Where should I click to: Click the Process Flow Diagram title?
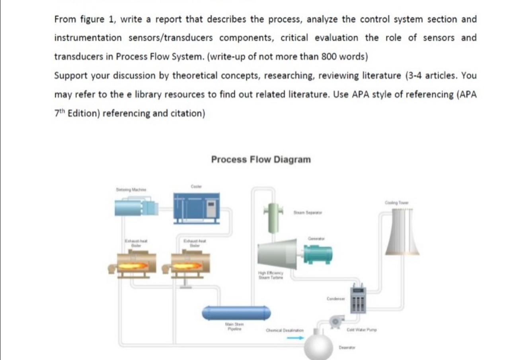261,160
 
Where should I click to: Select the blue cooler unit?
196,207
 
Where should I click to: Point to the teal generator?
318,254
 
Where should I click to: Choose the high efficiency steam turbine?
277,254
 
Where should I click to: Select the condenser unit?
358,300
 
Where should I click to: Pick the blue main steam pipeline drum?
236,313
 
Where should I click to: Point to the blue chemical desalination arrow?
295,338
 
